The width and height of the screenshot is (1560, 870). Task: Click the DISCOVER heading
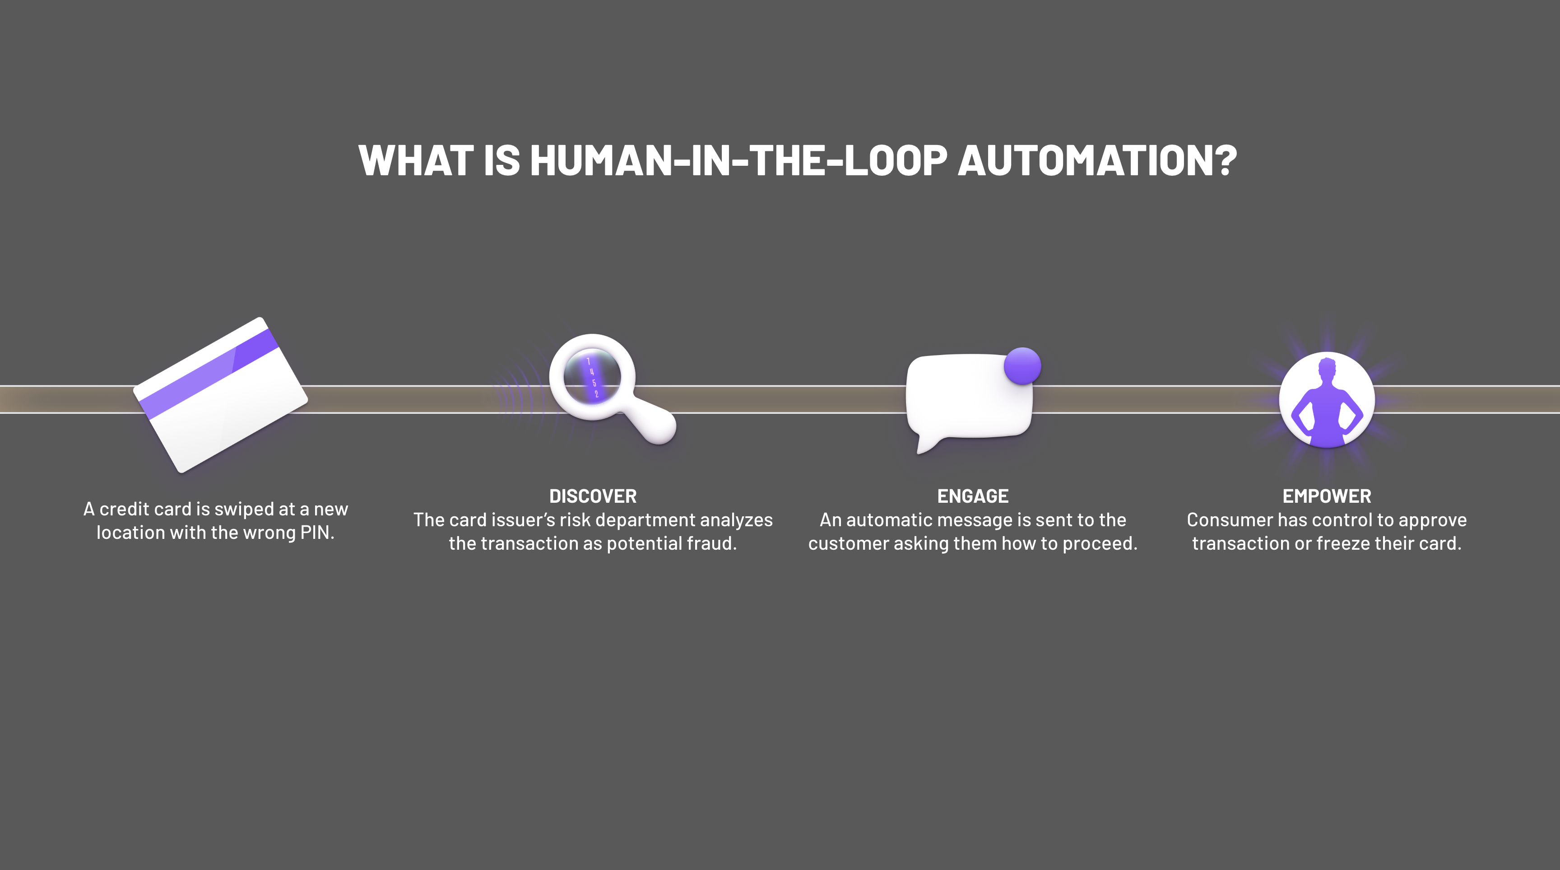593,496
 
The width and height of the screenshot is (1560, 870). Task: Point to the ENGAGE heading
973,496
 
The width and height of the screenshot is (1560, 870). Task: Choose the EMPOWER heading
1326,496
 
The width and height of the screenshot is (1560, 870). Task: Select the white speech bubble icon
968,397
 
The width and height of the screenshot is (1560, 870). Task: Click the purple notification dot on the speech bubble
1022,365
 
